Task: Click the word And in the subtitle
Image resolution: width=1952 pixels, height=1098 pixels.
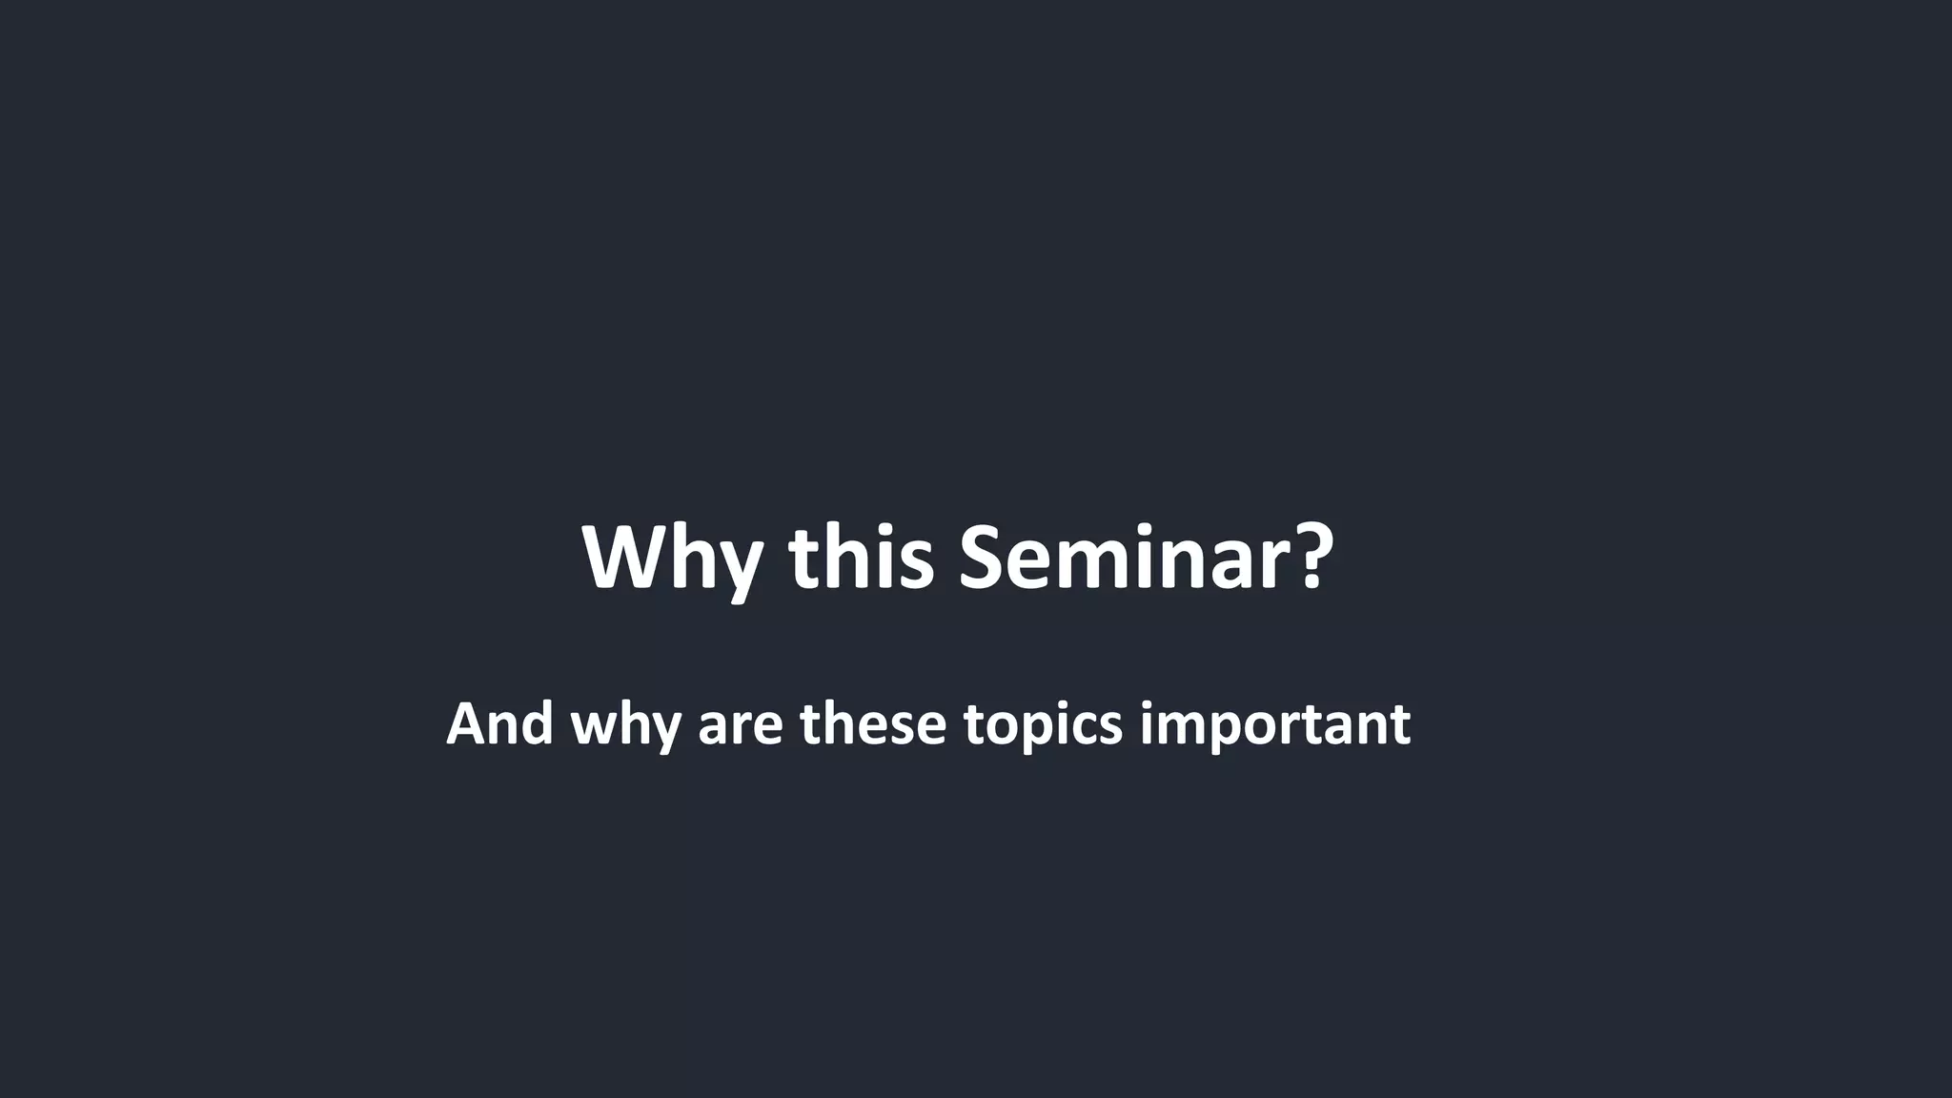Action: [499, 723]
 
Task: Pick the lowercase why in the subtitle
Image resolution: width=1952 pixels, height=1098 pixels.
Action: [625, 726]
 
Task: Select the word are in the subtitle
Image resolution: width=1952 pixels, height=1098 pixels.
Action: [741, 726]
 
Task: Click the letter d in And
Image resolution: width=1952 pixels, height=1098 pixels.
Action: [537, 723]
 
